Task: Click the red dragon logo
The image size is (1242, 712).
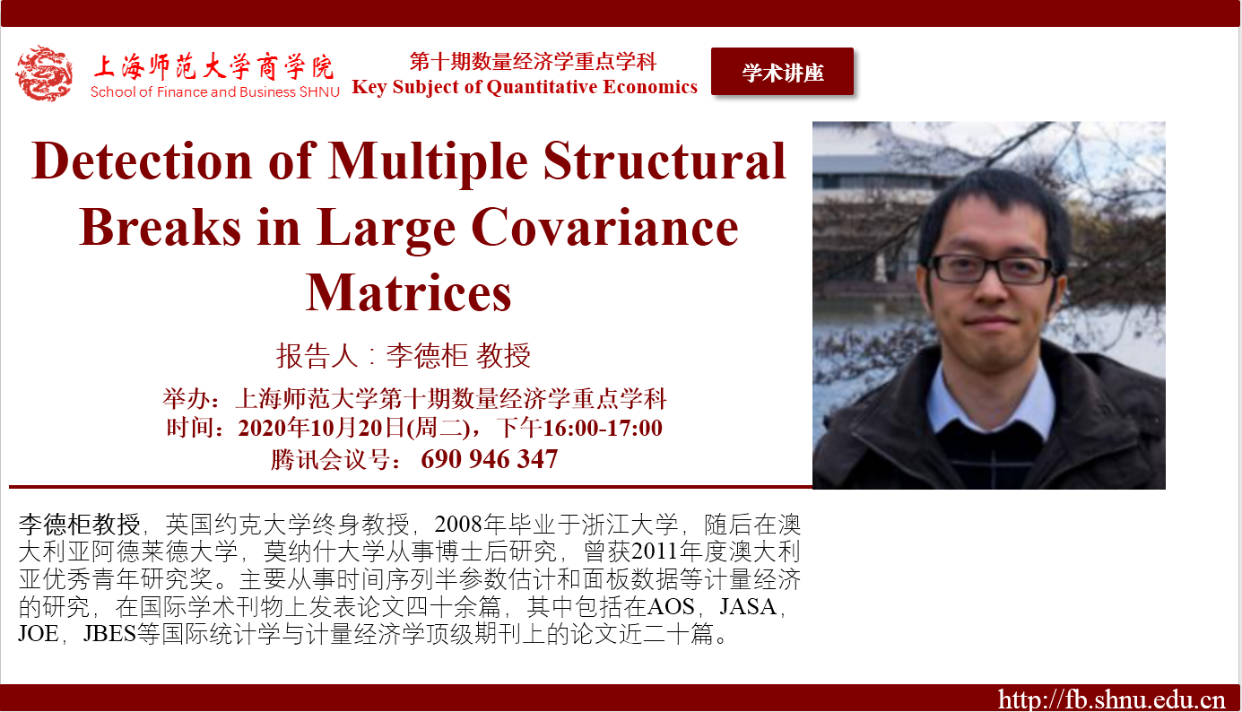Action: coord(44,74)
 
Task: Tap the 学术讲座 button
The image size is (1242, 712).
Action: coord(782,72)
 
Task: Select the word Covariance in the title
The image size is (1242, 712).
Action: coord(605,228)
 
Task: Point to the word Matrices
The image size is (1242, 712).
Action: coord(409,292)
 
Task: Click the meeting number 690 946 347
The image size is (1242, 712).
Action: coord(489,458)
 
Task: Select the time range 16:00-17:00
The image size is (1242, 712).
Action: coord(602,428)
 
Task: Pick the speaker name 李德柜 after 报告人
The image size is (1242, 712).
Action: coord(428,355)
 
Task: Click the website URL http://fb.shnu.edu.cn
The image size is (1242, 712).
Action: coord(1111,699)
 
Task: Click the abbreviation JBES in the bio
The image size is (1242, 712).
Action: coord(109,633)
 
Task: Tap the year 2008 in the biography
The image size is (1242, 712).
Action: coord(458,524)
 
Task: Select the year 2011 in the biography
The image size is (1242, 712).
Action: coord(655,551)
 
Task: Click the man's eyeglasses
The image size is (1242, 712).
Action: coord(991,268)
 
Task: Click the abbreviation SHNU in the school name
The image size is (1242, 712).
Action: coord(319,92)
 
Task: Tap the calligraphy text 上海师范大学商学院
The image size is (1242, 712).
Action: coord(213,67)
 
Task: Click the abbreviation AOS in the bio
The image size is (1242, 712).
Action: coord(671,606)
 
